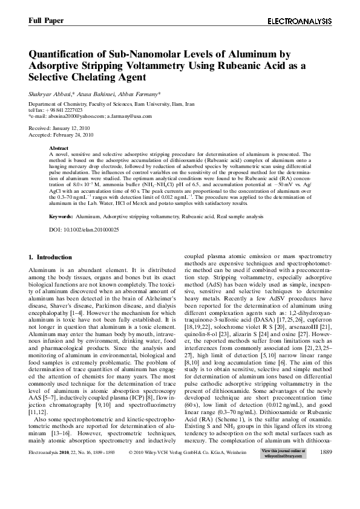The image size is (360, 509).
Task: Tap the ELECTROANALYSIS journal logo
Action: [x=299, y=21]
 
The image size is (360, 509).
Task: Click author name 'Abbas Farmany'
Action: [x=141, y=94]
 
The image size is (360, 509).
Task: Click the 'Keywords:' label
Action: [x=61, y=216]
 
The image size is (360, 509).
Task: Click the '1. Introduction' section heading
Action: [x=51, y=258]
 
